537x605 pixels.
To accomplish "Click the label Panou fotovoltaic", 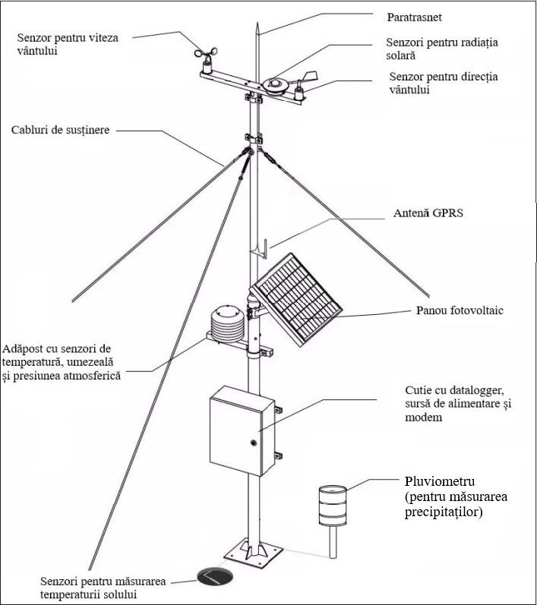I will (460, 311).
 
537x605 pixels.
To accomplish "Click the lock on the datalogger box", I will (253, 441).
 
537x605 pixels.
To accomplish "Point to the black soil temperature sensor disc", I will (214, 577).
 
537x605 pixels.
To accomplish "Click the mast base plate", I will (254, 554).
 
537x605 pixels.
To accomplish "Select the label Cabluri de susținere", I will (61, 130).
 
